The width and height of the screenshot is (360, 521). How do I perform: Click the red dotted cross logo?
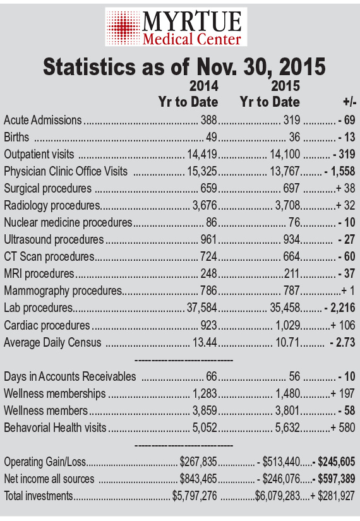click(124, 27)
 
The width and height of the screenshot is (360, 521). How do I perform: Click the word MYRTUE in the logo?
click(192, 21)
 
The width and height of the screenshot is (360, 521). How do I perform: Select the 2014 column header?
click(204, 86)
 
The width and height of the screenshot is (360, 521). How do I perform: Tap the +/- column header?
click(350, 102)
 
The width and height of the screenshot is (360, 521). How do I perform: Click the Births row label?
click(16, 137)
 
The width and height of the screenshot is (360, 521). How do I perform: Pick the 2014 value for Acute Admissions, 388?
click(209, 120)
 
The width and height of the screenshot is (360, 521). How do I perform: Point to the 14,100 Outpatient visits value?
click(285, 154)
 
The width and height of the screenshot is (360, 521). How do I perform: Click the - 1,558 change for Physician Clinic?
click(340, 171)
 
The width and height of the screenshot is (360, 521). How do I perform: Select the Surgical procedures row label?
click(47, 188)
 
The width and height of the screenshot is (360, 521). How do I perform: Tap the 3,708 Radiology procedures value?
click(288, 205)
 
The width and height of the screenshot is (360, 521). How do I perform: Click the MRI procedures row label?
click(39, 274)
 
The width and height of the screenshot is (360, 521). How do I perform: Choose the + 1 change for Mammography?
click(348, 290)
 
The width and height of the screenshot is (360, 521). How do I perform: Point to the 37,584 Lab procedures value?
click(201, 308)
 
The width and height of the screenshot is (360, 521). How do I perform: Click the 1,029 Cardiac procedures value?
click(288, 325)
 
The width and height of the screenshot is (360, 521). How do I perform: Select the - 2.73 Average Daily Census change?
click(343, 342)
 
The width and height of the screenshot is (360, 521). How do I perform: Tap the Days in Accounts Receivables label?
click(70, 376)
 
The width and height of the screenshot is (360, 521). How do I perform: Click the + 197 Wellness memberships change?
click(343, 393)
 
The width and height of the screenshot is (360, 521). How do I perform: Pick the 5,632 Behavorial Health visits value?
click(288, 428)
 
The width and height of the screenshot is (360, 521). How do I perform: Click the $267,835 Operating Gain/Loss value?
click(198, 462)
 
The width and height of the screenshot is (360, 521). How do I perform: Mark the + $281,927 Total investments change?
click(332, 496)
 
